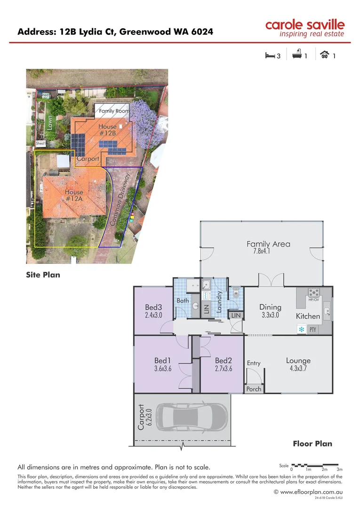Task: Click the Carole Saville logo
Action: pyautogui.click(x=304, y=28)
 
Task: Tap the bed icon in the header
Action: pyautogui.click(x=270, y=56)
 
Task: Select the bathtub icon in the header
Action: pyautogui.click(x=297, y=56)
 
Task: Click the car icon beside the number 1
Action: pyautogui.click(x=324, y=56)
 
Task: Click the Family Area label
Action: pyautogui.click(x=268, y=244)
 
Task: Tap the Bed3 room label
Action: pyautogui.click(x=153, y=308)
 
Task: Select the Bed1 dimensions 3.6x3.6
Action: pyautogui.click(x=163, y=369)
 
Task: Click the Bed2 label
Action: pyautogui.click(x=224, y=361)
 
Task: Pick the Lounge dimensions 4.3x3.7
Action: pyautogui.click(x=298, y=369)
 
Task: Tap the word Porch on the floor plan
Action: pyautogui.click(x=254, y=389)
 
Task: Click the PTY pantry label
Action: pyautogui.click(x=312, y=330)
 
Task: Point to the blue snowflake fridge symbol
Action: pyautogui.click(x=300, y=330)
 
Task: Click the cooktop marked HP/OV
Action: pyautogui.click(x=313, y=293)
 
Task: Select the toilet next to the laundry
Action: pyautogui.click(x=236, y=294)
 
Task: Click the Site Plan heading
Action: pyautogui.click(x=43, y=275)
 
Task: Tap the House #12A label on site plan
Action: pyautogui.click(x=74, y=195)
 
